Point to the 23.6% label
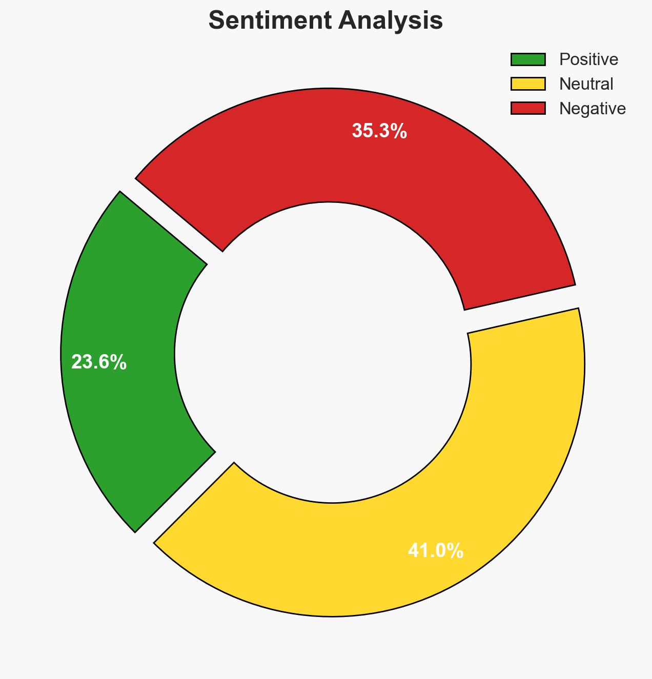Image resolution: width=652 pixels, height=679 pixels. [99, 362]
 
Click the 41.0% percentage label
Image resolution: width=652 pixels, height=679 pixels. [436, 551]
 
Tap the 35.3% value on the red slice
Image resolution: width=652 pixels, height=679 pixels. [379, 131]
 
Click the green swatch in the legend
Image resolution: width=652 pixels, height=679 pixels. [528, 59]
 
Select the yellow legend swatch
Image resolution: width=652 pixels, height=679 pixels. [528, 84]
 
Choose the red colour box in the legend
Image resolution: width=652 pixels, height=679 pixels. [528, 108]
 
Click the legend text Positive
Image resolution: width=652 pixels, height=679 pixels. [588, 59]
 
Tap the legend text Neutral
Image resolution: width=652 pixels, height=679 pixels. [586, 84]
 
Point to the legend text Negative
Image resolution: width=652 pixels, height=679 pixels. [593, 108]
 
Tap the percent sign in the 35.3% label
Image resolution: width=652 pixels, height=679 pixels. [398, 131]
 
